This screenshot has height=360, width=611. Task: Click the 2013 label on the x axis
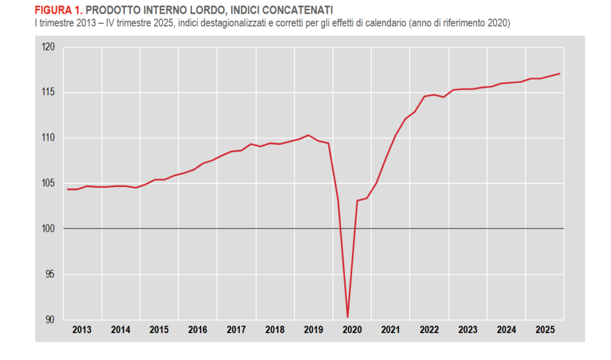82,330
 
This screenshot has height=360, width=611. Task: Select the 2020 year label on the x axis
351,330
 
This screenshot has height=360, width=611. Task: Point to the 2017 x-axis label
236,330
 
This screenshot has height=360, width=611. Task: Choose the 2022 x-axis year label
429,330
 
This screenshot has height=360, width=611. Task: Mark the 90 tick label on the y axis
50,320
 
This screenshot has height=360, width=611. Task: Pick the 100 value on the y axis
48,229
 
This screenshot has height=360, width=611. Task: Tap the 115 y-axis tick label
48,93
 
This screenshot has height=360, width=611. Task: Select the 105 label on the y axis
48,183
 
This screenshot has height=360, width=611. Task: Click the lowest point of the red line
347,317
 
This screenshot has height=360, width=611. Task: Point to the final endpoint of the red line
559,73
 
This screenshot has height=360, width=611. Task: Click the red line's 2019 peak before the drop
308,135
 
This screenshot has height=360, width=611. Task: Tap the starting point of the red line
68,189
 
